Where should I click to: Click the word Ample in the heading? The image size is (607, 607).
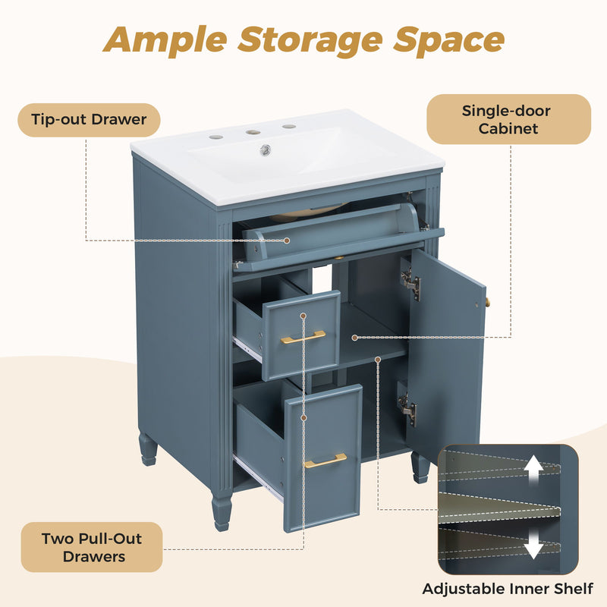(x=165, y=40)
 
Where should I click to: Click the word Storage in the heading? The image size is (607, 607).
(x=310, y=41)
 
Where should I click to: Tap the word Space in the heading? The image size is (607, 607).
(x=448, y=41)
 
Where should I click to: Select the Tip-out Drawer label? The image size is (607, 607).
(x=89, y=120)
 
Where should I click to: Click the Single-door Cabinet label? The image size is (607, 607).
(x=508, y=119)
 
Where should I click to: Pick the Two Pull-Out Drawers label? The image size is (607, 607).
(x=92, y=547)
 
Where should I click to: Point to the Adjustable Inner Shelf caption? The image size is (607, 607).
(x=508, y=589)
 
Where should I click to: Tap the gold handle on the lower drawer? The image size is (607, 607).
(x=326, y=461)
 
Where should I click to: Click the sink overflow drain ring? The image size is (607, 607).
(x=265, y=149)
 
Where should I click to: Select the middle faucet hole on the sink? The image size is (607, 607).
(x=253, y=132)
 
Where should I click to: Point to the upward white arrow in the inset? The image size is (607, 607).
(x=533, y=469)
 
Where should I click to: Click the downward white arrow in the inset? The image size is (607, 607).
(x=533, y=544)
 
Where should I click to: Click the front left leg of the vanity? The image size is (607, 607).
(x=222, y=510)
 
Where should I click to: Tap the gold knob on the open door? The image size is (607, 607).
(x=487, y=301)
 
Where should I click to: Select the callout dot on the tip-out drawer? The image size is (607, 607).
(x=287, y=241)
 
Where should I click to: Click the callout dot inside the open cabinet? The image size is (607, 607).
(x=354, y=338)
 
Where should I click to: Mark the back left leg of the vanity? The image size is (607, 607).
(x=147, y=449)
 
